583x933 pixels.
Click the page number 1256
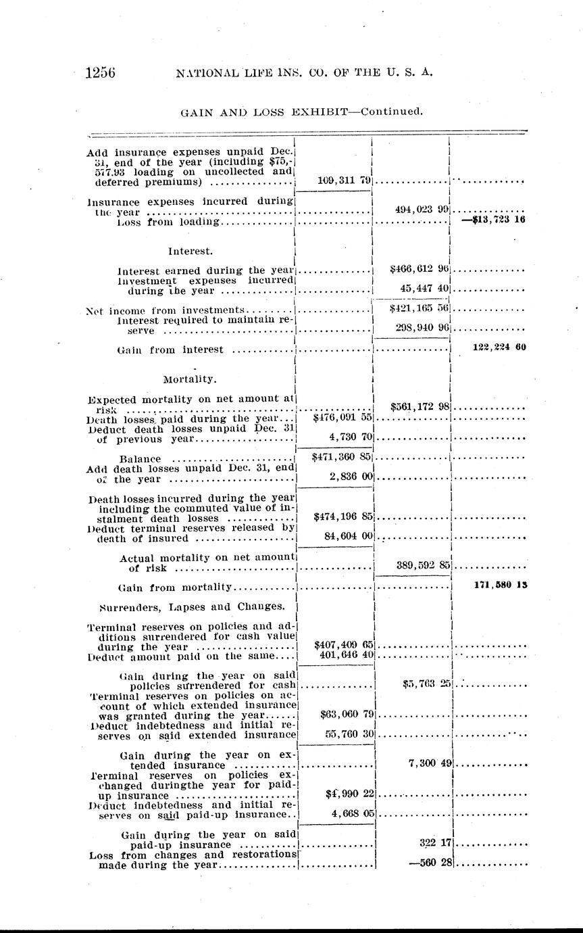point(101,72)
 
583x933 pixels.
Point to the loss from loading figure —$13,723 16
point(494,220)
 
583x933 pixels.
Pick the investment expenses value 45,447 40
point(424,289)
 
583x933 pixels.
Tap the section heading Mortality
point(190,379)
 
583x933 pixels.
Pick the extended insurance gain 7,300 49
point(429,763)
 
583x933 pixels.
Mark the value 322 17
point(435,843)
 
